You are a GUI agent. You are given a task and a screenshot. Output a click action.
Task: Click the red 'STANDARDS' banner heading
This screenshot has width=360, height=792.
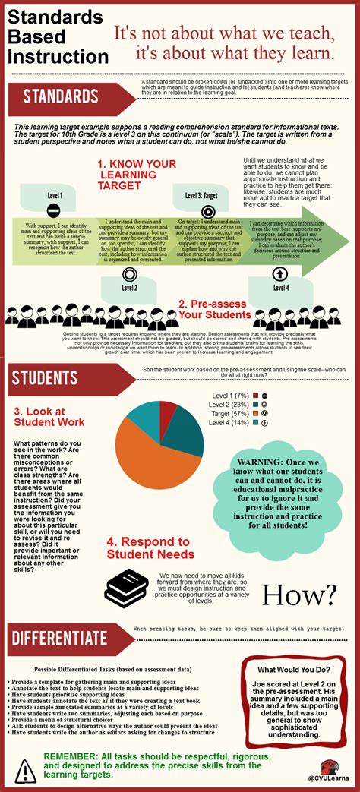pos(61,96)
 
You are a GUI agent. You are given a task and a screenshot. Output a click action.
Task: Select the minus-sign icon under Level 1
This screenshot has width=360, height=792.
pos(53,210)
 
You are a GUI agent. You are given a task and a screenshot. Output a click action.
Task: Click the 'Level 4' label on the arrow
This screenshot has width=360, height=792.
pos(280,288)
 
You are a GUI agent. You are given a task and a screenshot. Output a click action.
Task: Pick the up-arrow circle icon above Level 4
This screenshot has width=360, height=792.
pos(280,273)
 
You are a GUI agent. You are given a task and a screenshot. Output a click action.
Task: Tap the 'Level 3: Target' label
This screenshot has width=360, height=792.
pos(201,195)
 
